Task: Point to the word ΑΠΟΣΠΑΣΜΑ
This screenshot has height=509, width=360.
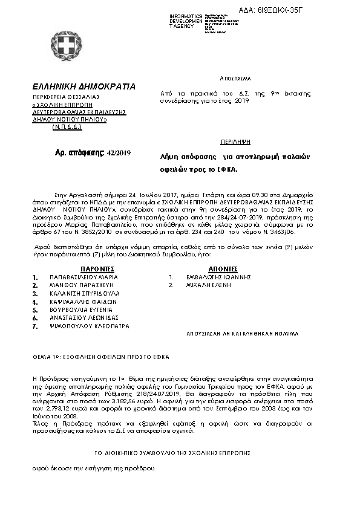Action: [x=235, y=79]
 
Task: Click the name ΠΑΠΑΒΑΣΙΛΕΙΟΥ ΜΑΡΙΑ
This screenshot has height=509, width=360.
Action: [x=83, y=277]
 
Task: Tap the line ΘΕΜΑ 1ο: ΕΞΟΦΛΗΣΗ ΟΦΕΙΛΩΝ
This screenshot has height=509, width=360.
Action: [x=101, y=357]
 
